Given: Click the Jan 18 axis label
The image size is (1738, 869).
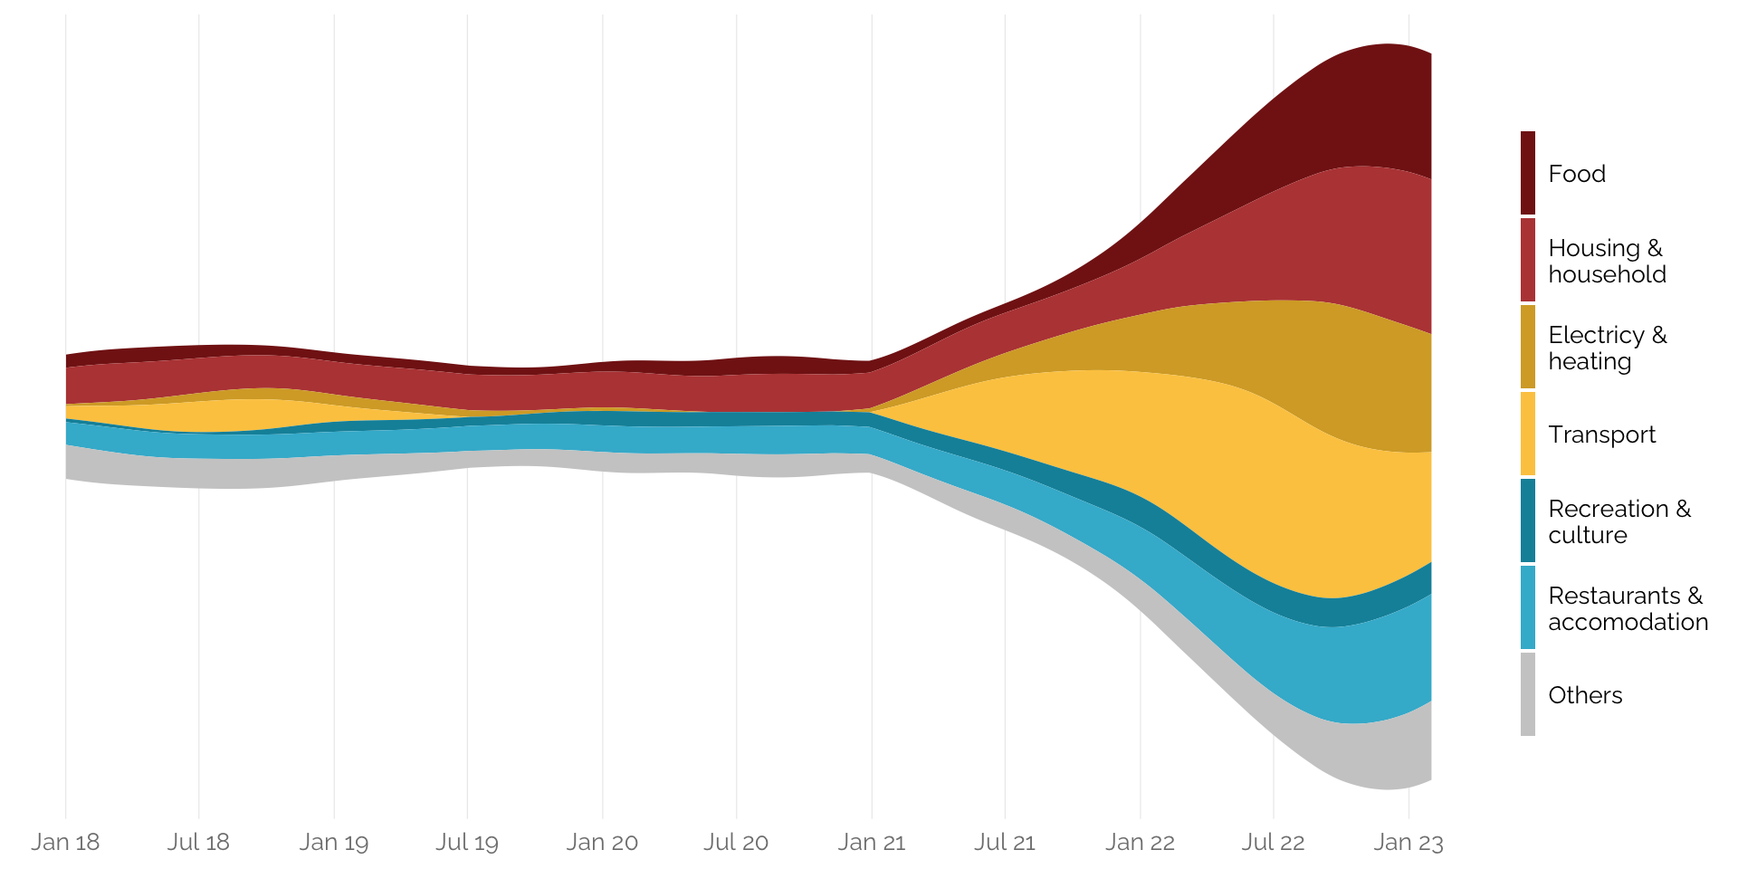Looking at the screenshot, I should [x=65, y=842].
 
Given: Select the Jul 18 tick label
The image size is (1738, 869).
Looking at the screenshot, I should [x=198, y=842].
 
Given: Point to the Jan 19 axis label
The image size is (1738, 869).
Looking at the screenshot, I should [x=334, y=842].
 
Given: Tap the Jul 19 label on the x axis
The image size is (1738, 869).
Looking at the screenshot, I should [x=467, y=842].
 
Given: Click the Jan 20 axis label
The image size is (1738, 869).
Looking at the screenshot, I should [x=602, y=842].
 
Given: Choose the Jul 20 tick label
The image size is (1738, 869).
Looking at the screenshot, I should [x=736, y=842].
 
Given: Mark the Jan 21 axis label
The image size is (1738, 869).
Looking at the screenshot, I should [x=872, y=842].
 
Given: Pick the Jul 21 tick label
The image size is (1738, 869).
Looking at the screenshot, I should [x=1005, y=842].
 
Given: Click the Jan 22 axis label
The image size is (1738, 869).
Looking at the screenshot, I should [x=1140, y=842].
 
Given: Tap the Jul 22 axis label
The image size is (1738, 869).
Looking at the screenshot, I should [x=1273, y=842].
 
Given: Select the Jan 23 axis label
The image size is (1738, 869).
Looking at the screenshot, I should [x=1409, y=842].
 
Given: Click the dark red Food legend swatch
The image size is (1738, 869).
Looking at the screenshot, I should [x=1528, y=173].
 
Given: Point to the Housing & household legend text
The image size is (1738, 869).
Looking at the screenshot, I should [x=1607, y=261].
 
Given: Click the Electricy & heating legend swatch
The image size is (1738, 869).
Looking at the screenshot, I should [x=1528, y=347].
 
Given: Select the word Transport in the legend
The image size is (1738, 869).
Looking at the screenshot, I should [x=1601, y=434].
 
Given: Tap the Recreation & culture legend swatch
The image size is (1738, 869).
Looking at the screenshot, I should [x=1528, y=520].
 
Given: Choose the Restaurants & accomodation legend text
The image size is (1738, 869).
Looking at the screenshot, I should [x=1628, y=608].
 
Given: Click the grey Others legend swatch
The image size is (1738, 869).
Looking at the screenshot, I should [x=1528, y=694].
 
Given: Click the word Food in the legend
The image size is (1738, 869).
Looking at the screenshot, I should [x=1577, y=174].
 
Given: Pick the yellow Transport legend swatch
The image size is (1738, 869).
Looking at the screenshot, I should [x=1528, y=434].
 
